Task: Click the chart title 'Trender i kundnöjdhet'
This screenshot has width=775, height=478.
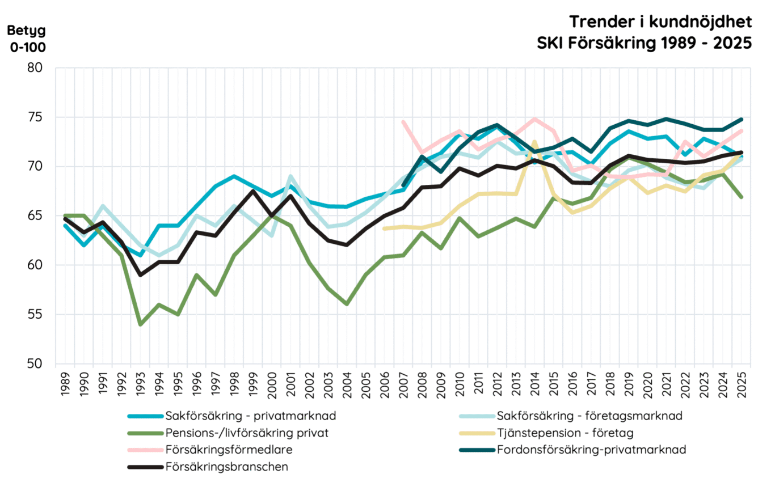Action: [x=660, y=22]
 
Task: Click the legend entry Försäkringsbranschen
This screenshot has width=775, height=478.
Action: [x=227, y=467]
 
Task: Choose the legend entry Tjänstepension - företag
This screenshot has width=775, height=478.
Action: [x=565, y=433]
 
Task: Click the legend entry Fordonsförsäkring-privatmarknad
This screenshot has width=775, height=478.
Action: [x=591, y=450]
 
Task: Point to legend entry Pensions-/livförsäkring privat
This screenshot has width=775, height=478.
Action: [x=247, y=433]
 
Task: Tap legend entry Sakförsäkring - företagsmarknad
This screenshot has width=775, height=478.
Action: [x=589, y=416]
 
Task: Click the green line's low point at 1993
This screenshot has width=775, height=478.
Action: [x=140, y=324]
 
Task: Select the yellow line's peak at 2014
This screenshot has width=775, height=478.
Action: [x=534, y=142]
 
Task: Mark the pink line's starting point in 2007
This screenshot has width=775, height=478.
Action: [x=403, y=121]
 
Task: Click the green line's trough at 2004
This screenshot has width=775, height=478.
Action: [x=347, y=304]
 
